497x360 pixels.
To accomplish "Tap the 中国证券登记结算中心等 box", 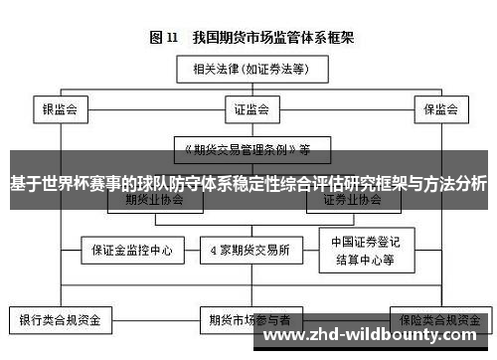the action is click(363, 249).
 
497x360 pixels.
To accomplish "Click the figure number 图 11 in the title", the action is click(164, 38).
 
